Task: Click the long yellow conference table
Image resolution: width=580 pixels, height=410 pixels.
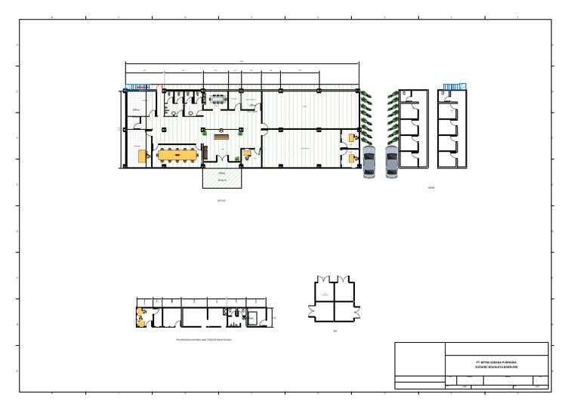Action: pyautogui.click(x=175, y=156)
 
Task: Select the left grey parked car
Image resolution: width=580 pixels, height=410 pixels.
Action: pyautogui.click(x=369, y=162)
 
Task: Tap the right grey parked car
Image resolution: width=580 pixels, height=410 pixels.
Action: pyautogui.click(x=391, y=162)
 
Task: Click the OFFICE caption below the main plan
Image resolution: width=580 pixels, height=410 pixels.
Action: pyautogui.click(x=221, y=200)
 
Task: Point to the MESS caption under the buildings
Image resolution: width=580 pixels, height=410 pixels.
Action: pyautogui.click(x=431, y=188)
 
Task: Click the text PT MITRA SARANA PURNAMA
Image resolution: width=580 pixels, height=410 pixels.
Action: pyautogui.click(x=496, y=362)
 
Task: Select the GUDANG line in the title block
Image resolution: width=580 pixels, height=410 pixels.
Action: pyautogui.click(x=496, y=367)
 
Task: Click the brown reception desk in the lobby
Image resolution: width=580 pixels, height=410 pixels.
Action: pyautogui.click(x=221, y=137)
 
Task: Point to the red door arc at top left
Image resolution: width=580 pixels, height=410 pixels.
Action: pyautogui.click(x=159, y=89)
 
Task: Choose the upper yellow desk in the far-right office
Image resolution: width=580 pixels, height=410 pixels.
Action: pyautogui.click(x=351, y=138)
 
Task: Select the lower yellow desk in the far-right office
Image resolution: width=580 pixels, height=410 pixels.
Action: pyautogui.click(x=351, y=158)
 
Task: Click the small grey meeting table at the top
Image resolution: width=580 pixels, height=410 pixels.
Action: pyautogui.click(x=217, y=98)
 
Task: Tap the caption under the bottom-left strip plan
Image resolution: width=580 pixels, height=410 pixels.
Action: pyautogui.click(x=204, y=340)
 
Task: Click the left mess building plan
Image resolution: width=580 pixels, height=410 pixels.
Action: pyautogui.click(x=413, y=128)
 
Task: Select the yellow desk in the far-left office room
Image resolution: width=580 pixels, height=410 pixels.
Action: pyautogui.click(x=142, y=156)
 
